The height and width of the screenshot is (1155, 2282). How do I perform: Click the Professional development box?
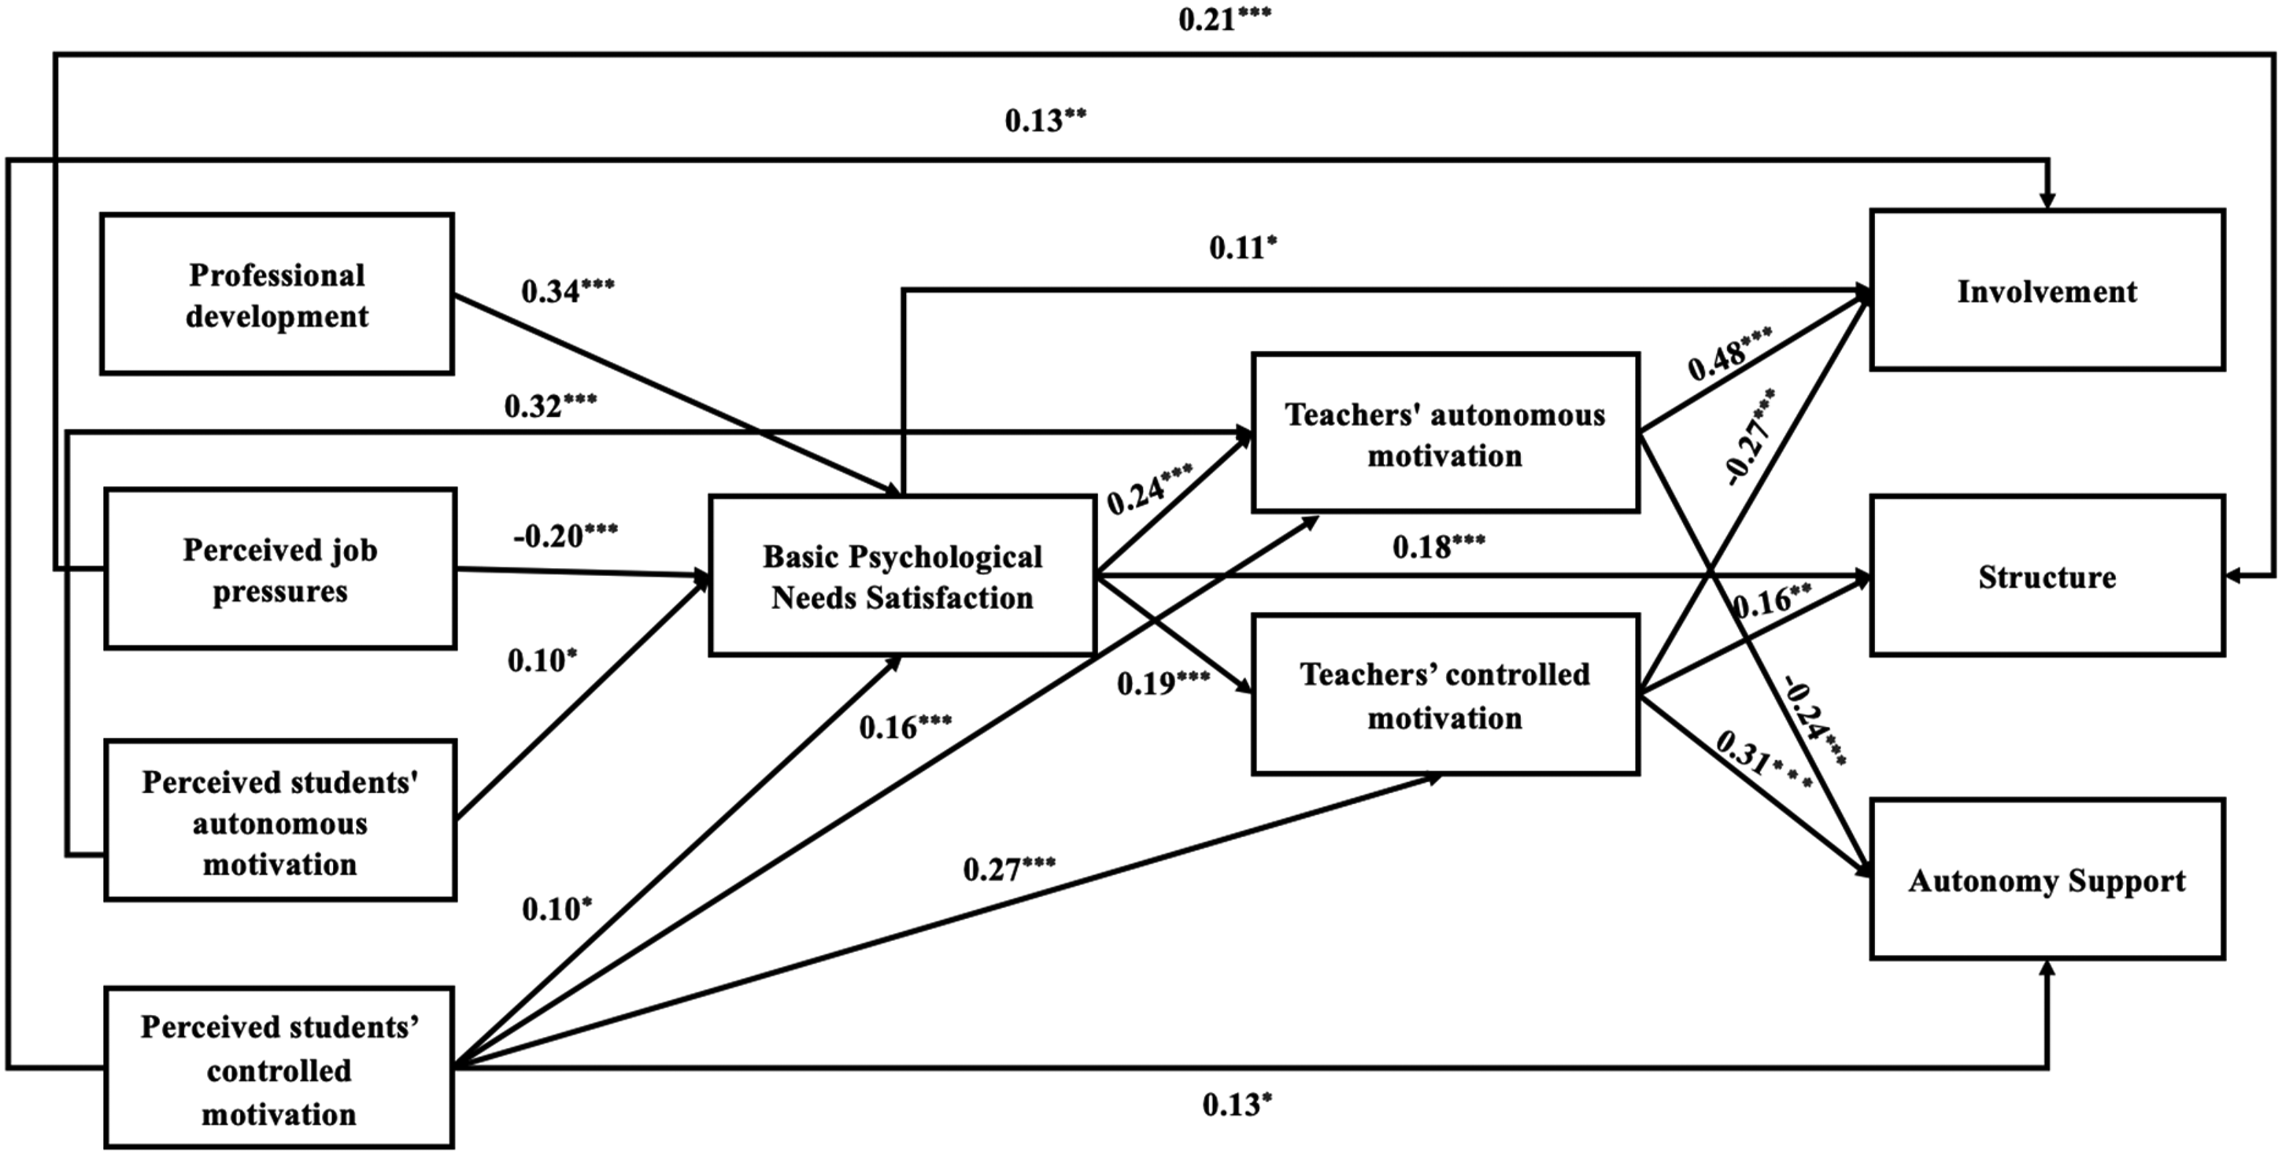point(277,294)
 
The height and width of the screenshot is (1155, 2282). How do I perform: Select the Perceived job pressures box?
point(280,569)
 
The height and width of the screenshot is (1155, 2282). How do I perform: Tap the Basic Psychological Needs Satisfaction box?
point(903,576)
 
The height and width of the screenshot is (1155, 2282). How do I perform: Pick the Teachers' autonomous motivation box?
point(1445,433)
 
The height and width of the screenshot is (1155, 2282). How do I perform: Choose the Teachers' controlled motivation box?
point(1445,696)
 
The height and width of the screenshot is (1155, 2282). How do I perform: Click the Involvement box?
point(2047,290)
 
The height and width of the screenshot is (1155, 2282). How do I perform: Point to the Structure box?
point(2047,577)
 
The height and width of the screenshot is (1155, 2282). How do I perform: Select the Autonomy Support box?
point(2047,880)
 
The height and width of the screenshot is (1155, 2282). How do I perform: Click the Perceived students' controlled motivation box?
point(279,1068)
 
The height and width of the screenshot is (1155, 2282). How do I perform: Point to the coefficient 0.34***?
point(568,290)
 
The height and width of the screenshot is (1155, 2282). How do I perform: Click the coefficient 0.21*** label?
point(1224,19)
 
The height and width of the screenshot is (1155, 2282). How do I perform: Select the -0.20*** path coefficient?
point(565,535)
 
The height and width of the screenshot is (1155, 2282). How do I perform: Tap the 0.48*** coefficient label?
point(1730,352)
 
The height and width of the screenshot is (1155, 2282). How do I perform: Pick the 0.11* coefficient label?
point(1243,248)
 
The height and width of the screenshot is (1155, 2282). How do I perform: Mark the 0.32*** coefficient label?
point(550,406)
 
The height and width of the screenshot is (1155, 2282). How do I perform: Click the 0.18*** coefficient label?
point(1439,547)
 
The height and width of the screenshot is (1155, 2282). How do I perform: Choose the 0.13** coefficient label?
point(1045,120)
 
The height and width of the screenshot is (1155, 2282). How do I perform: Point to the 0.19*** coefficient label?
point(1163,683)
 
